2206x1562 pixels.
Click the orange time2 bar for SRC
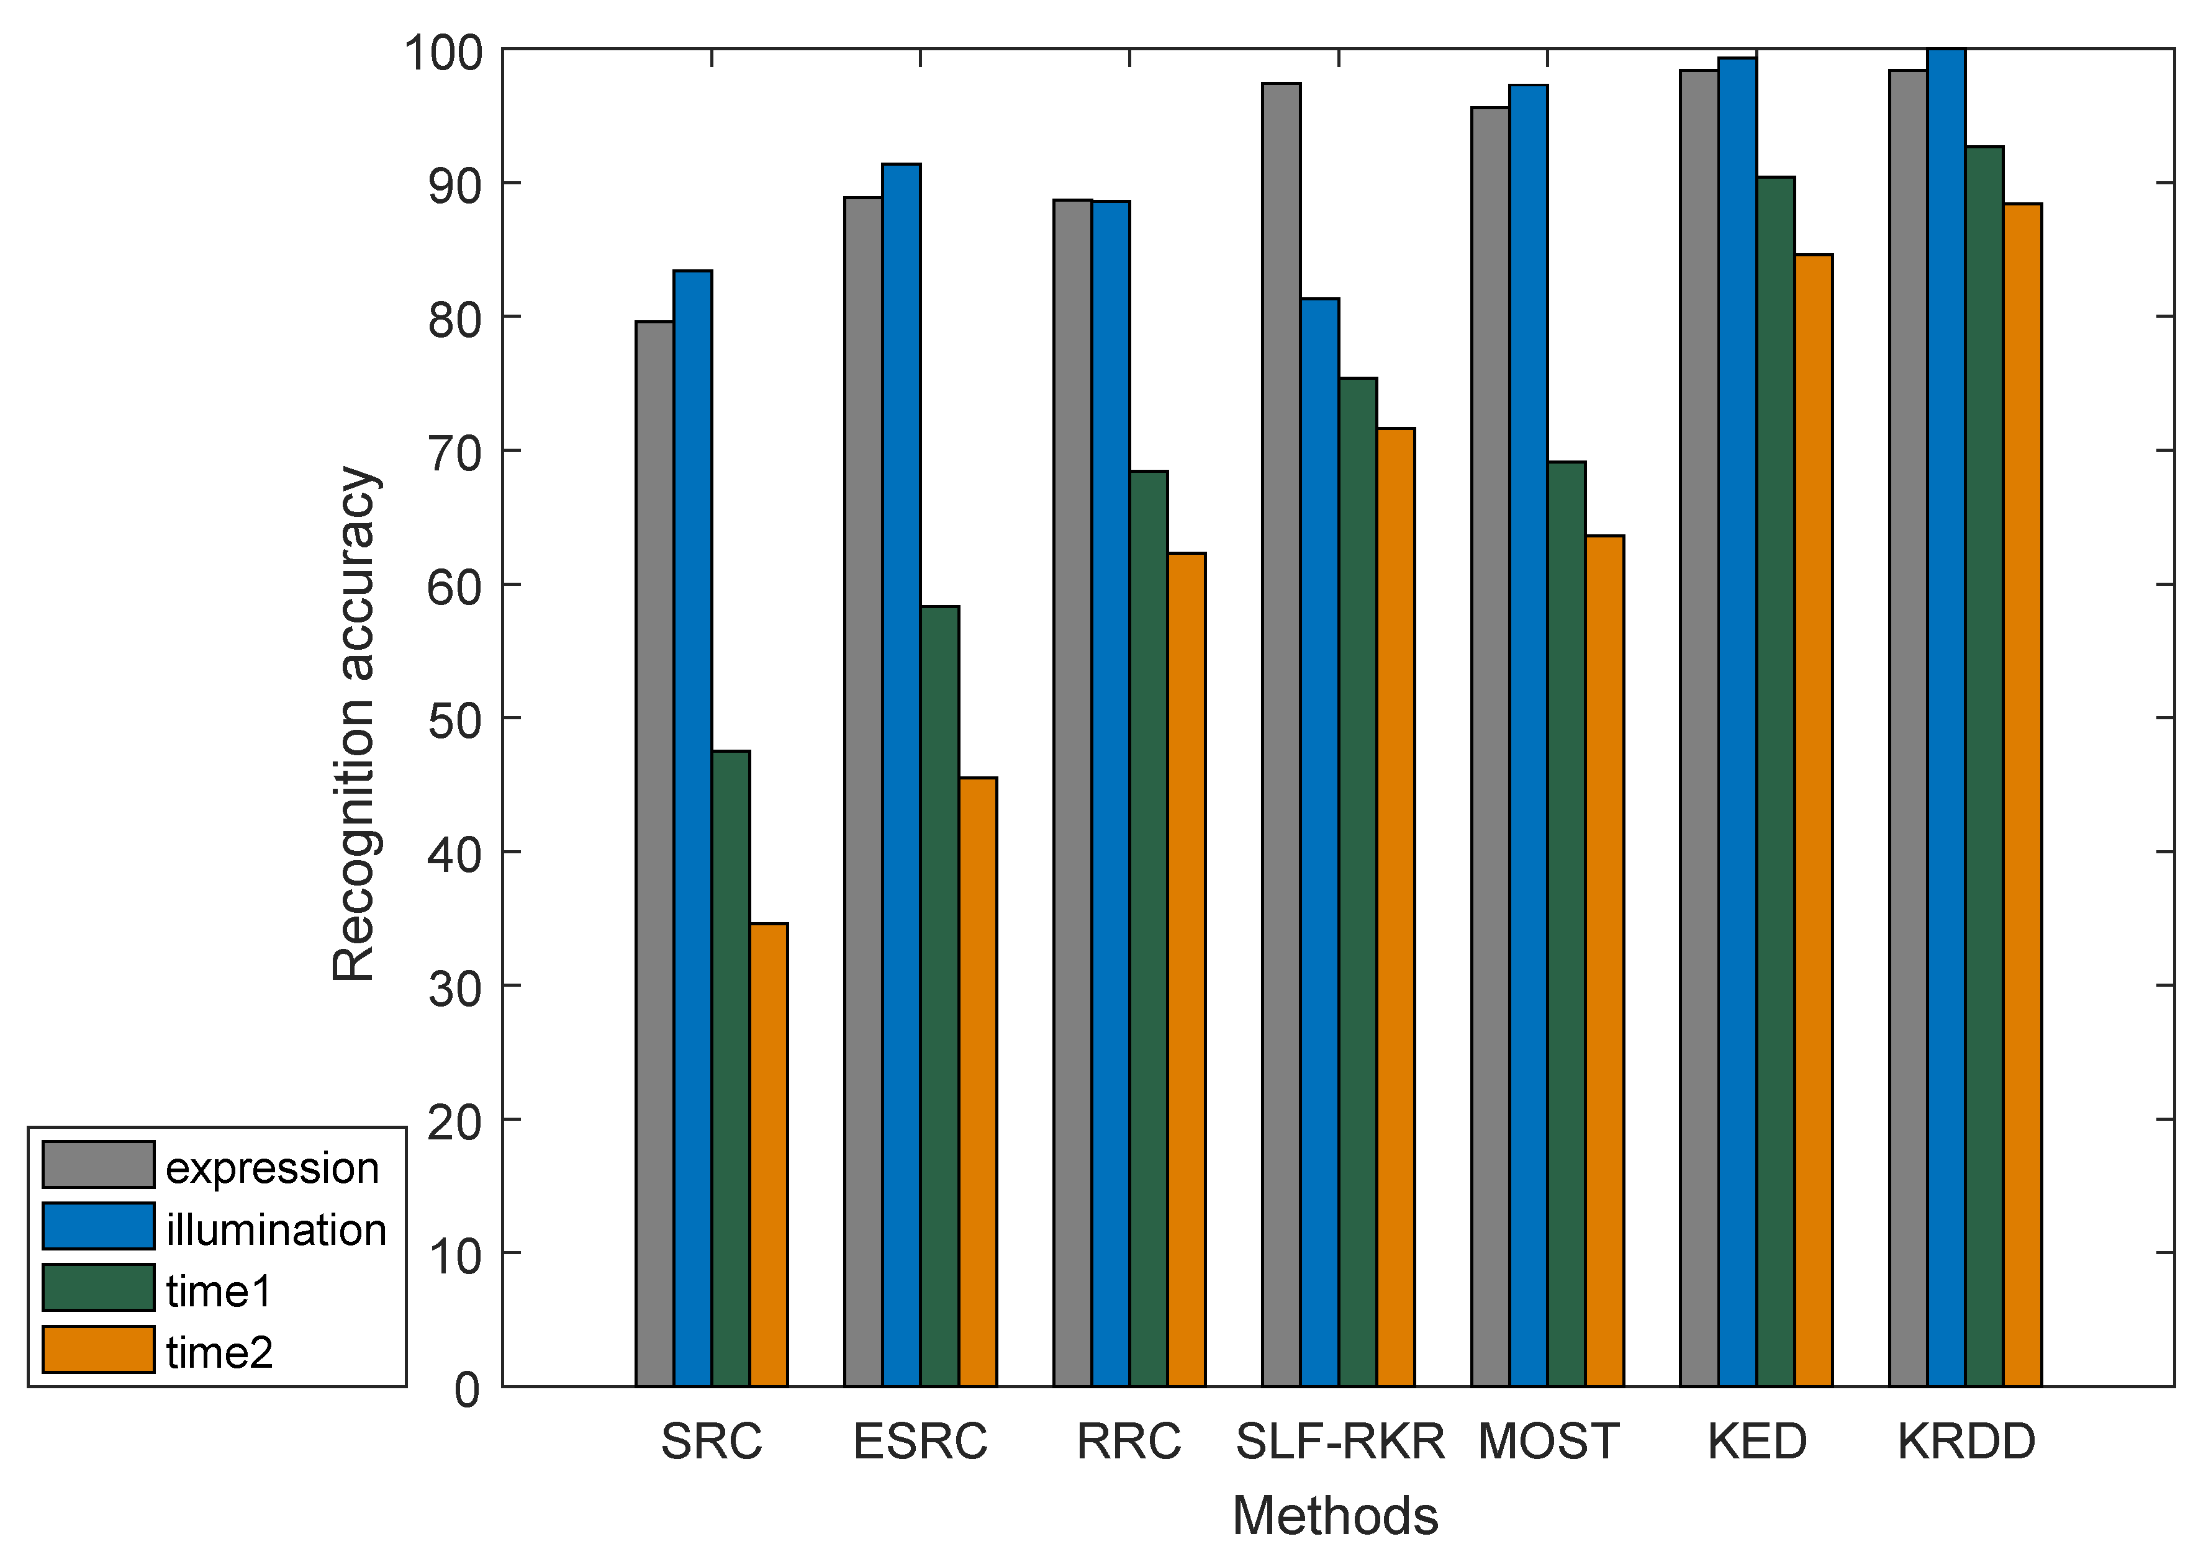[x=769, y=1154]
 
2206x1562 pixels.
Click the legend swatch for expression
[x=98, y=1165]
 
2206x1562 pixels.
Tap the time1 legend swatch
[x=98, y=1288]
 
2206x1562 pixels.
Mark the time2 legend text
[x=219, y=1352]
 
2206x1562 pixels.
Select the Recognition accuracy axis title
[x=353, y=724]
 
